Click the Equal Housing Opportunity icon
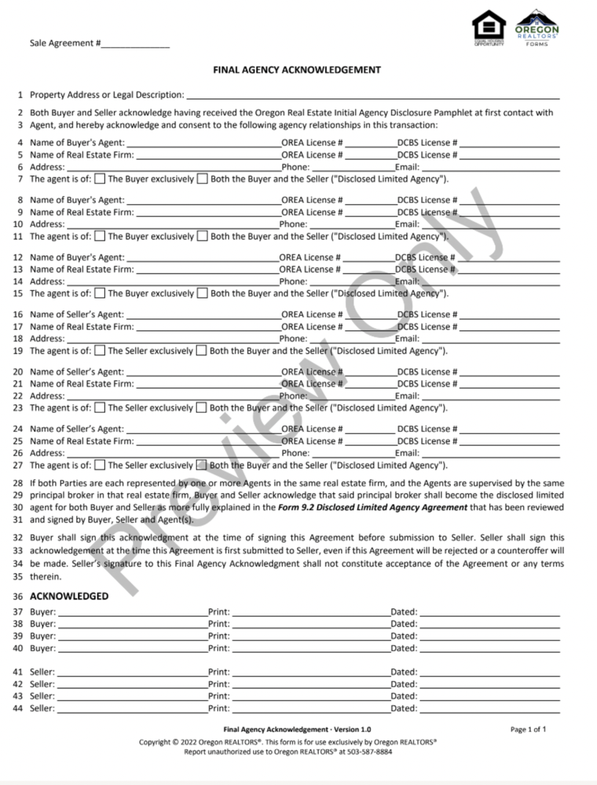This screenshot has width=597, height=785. click(488, 28)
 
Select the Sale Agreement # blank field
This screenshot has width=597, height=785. click(135, 44)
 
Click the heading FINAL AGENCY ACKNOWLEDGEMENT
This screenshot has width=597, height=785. click(296, 70)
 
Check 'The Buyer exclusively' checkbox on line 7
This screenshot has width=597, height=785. click(100, 179)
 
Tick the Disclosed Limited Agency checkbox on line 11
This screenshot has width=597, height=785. click(202, 236)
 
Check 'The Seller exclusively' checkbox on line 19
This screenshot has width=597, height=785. click(100, 351)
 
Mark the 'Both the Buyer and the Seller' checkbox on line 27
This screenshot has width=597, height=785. click(202, 465)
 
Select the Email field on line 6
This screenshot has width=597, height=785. click(490, 167)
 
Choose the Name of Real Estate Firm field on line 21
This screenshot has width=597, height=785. click(208, 384)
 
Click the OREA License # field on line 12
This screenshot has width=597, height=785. click(369, 258)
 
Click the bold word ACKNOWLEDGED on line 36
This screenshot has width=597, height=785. click(69, 596)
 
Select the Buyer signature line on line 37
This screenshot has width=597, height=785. click(132, 612)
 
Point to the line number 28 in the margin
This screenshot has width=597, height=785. click(18, 483)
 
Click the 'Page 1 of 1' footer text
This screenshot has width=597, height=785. click(528, 729)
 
